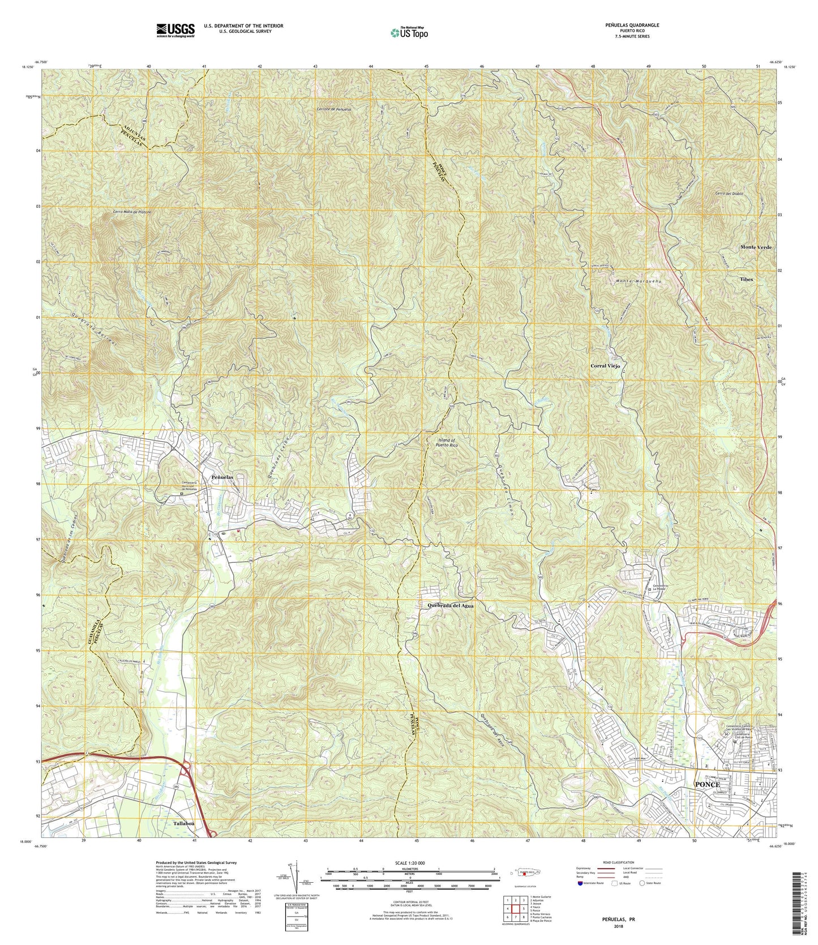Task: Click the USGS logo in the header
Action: point(175,29)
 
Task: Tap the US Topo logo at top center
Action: point(409,32)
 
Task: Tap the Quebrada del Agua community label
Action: point(450,605)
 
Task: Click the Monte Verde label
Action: point(756,247)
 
